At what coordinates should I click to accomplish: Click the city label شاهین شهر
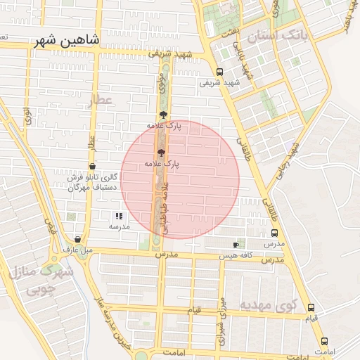pyautogui.click(x=67, y=42)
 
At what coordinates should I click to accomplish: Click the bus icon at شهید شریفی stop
pyautogui.click(x=219, y=71)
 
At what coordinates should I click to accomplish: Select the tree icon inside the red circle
pyautogui.click(x=161, y=151)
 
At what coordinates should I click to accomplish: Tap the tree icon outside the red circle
pyautogui.click(x=163, y=114)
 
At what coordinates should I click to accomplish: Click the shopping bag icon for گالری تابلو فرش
pyautogui.click(x=92, y=166)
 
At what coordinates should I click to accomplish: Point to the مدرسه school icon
pyautogui.click(x=119, y=216)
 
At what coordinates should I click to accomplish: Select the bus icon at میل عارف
pyautogui.click(x=77, y=239)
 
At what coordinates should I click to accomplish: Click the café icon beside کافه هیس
pyautogui.click(x=236, y=245)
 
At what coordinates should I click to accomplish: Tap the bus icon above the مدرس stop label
pyautogui.click(x=274, y=233)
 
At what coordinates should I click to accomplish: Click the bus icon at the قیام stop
pyautogui.click(x=311, y=307)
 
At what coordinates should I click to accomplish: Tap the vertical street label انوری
pyautogui.click(x=27, y=117)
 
